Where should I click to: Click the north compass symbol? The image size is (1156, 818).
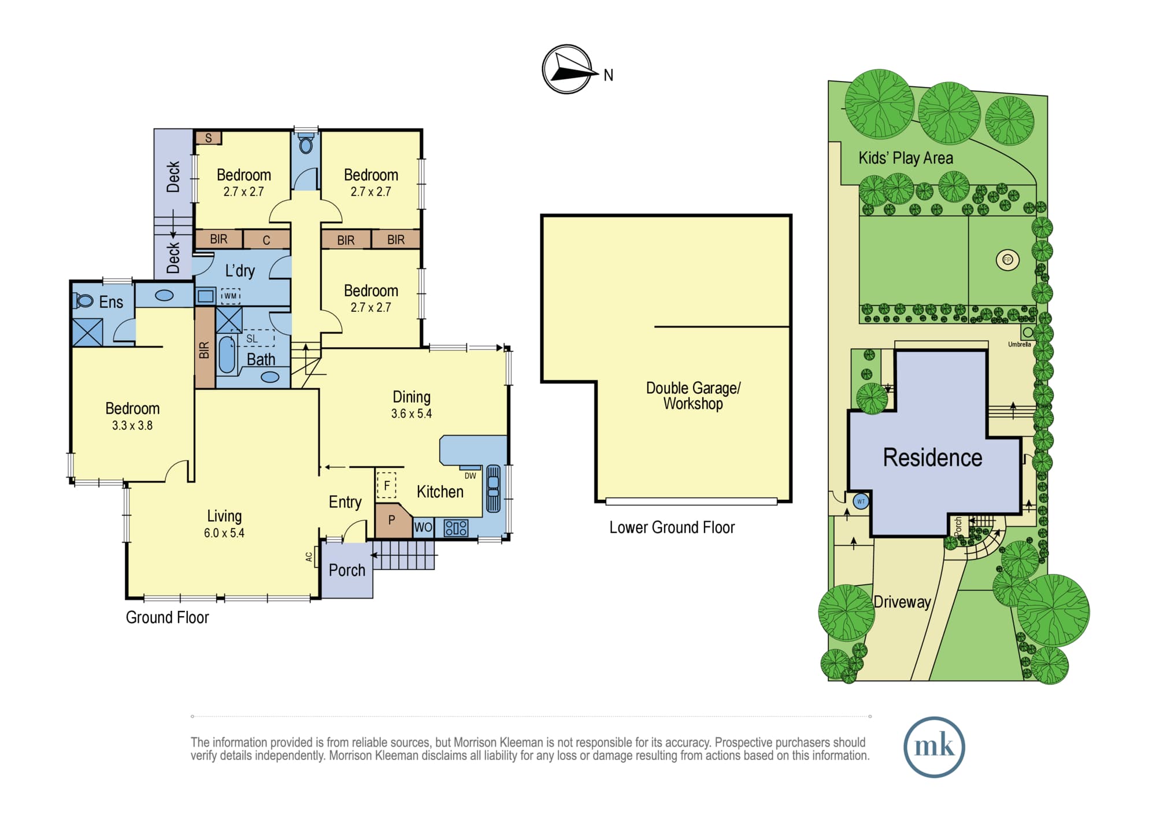tap(568, 69)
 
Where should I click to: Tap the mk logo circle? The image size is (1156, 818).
tap(934, 747)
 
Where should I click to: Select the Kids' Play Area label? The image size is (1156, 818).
tap(906, 158)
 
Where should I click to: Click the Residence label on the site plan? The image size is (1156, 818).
tap(932, 458)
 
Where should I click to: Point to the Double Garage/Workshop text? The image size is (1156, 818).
tap(693, 396)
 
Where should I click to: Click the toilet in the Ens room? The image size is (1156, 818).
tap(83, 300)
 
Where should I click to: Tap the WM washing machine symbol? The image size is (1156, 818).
tap(230, 296)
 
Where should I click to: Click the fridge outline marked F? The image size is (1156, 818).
tap(387, 485)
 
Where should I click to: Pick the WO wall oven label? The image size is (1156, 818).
tap(423, 527)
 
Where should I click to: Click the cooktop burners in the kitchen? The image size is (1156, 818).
tap(455, 528)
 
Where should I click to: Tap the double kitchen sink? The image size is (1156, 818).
tap(493, 488)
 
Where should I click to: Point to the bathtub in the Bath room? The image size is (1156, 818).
tap(227, 355)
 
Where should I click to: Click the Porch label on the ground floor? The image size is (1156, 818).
tap(347, 570)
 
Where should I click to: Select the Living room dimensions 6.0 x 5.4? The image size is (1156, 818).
tap(224, 533)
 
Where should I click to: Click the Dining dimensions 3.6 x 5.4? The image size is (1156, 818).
tap(412, 414)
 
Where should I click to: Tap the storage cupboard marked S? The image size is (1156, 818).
tap(208, 138)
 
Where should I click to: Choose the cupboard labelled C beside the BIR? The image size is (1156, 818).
tap(266, 239)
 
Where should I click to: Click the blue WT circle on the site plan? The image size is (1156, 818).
tap(861, 502)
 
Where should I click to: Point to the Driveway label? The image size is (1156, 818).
tap(902, 602)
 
